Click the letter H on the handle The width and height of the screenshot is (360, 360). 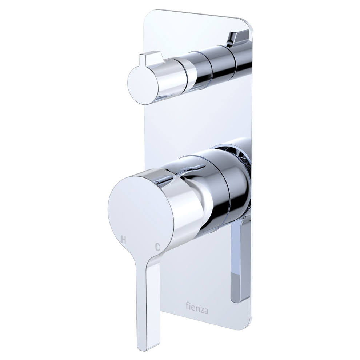click(x=124, y=240)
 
